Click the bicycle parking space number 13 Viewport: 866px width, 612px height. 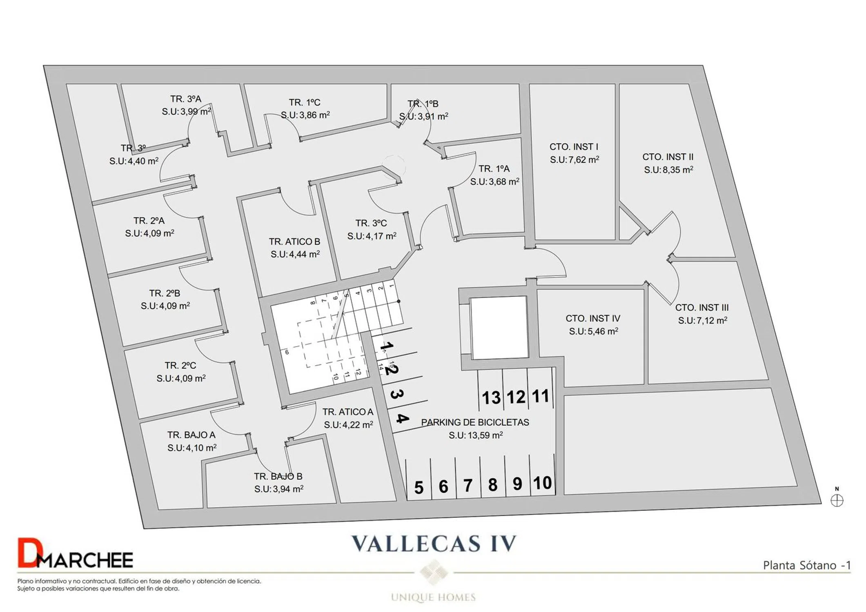[491, 397]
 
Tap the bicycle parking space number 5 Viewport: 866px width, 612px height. [419, 488]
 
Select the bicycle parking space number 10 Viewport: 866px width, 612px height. [542, 483]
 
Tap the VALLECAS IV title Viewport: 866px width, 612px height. [434, 543]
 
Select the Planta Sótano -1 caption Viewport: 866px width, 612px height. [807, 565]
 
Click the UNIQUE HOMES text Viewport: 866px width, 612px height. [433, 597]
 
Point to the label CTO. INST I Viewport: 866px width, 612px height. [574, 147]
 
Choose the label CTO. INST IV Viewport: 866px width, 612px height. [593, 318]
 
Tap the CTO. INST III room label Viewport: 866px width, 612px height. [702, 308]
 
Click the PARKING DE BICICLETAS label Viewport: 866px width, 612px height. [475, 422]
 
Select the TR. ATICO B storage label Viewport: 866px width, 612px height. [294, 242]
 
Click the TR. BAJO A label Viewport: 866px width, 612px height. [191, 435]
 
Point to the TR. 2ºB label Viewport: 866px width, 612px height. [165, 293]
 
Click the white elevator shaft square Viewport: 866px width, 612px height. [499, 327]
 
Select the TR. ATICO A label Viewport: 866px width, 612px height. [348, 412]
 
